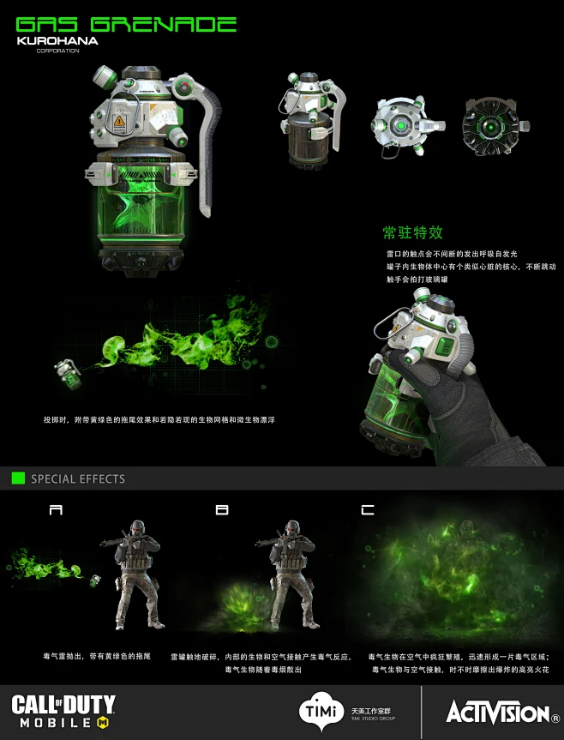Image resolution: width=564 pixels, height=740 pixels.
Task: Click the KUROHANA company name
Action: (57, 40)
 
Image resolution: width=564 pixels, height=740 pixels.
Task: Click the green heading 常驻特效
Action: (413, 233)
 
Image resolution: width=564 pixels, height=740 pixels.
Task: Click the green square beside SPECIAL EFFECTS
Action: (18, 478)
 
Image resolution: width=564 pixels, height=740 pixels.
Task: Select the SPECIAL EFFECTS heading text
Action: (78, 478)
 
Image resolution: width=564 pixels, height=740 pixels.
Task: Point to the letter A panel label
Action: (56, 510)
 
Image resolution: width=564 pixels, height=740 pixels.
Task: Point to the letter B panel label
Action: (222, 510)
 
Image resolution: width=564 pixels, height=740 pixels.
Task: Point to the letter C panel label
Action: (368, 510)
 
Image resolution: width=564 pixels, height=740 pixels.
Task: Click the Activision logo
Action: (497, 712)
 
